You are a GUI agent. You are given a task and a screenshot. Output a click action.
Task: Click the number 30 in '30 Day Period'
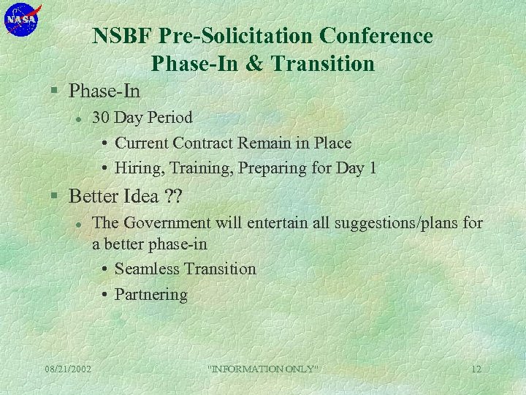[x=102, y=118]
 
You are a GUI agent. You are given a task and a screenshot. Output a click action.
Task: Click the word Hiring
[x=140, y=168]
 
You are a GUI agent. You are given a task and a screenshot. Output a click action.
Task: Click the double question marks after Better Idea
[x=174, y=196]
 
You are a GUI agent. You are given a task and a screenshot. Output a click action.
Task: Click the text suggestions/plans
[x=395, y=222]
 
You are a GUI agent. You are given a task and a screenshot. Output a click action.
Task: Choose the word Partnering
[x=151, y=295]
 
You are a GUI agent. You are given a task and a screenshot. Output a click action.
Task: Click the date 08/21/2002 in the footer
[x=67, y=369]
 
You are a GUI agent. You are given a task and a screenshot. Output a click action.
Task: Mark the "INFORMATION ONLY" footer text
[x=264, y=369]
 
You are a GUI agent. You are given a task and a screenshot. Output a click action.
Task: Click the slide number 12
[x=476, y=369]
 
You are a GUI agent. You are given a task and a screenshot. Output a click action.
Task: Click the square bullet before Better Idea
[x=54, y=197]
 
